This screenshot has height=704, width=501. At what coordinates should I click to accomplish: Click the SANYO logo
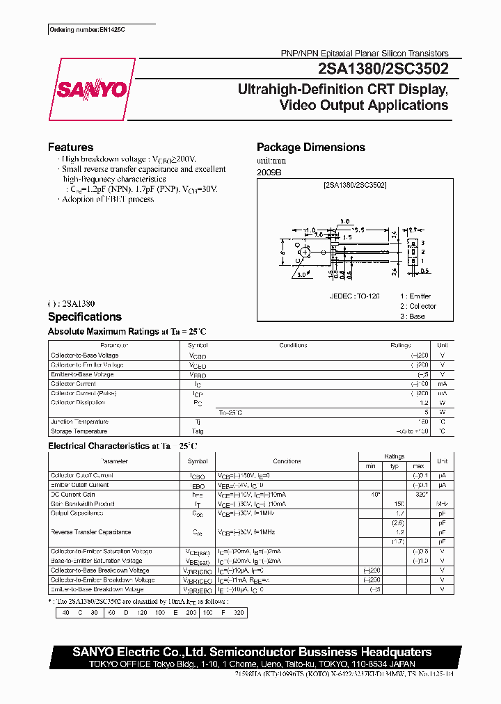click(91, 89)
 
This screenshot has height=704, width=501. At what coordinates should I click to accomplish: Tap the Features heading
click(70, 147)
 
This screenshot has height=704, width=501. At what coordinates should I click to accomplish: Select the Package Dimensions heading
click(310, 147)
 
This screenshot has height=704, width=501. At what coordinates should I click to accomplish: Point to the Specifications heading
click(84, 317)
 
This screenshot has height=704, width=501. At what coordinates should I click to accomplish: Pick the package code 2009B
click(269, 171)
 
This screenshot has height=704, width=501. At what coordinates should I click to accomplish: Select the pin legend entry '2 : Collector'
click(418, 306)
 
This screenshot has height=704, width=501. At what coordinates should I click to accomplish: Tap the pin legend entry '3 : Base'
click(412, 316)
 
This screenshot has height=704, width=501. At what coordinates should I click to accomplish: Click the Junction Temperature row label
click(79, 422)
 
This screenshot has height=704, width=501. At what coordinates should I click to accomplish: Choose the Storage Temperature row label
click(79, 431)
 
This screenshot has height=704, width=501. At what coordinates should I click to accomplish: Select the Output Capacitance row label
click(77, 513)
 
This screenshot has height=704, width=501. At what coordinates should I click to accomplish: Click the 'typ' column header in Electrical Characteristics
click(395, 465)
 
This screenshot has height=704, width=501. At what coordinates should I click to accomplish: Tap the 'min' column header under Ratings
click(370, 465)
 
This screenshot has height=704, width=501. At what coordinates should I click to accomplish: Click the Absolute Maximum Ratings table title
click(127, 332)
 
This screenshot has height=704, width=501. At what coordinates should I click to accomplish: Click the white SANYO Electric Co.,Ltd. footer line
click(252, 652)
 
